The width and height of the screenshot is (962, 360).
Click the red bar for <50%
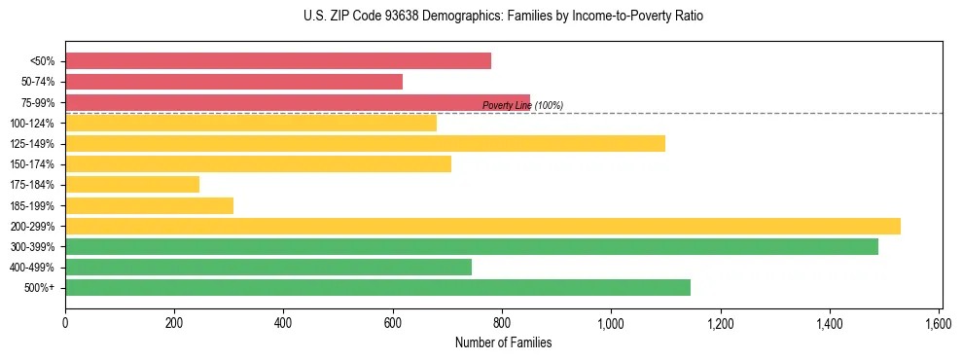pyautogui.click(x=278, y=61)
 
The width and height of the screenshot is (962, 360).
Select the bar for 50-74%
pyautogui.click(x=233, y=82)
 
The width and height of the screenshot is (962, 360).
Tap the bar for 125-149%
pyautogui.click(x=365, y=144)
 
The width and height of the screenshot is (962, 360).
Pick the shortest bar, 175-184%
pyautogui.click(x=132, y=185)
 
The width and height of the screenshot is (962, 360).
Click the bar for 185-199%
pyautogui.click(x=149, y=205)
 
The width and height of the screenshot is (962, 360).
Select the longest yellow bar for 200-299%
pyautogui.click(x=482, y=227)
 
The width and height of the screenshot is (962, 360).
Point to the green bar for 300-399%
pyautogui.click(x=472, y=247)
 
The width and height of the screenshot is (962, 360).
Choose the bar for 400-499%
pyautogui.click(x=268, y=268)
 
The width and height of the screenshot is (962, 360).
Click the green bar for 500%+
pyautogui.click(x=377, y=288)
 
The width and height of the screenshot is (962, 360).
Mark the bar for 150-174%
pyautogui.click(x=258, y=164)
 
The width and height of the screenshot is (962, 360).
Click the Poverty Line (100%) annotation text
pyautogui.click(x=522, y=106)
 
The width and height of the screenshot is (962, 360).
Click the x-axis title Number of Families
pyautogui.click(x=503, y=342)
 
